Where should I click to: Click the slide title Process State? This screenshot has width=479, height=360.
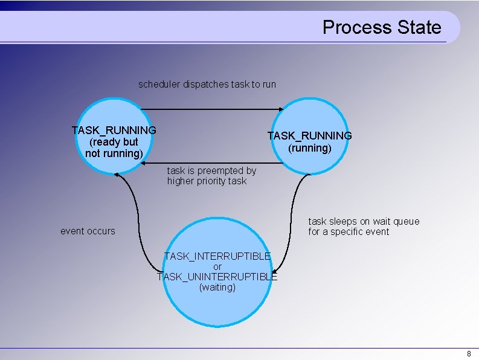(x=382, y=27)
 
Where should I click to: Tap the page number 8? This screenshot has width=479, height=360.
(x=469, y=353)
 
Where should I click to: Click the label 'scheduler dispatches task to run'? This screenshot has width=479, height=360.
(x=207, y=84)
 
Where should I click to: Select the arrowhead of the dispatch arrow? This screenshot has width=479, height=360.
(x=280, y=109)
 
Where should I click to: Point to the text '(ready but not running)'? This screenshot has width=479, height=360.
(x=114, y=148)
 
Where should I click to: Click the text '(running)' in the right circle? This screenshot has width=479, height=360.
(x=309, y=148)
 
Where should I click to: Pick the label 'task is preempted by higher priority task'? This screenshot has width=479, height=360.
(x=211, y=176)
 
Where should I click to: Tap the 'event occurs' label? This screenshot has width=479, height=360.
(x=88, y=231)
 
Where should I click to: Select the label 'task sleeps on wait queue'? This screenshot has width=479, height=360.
(x=364, y=221)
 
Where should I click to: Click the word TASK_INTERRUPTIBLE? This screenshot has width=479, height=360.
(x=217, y=256)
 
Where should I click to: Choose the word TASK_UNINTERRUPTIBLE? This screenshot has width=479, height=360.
(x=217, y=277)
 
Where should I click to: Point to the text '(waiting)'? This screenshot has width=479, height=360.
(x=217, y=288)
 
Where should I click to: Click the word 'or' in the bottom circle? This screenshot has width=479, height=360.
(x=217, y=266)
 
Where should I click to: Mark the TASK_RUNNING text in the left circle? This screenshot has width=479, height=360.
(x=114, y=130)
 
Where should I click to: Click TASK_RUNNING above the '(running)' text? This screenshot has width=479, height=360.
(x=309, y=136)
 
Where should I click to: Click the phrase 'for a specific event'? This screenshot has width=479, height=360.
(x=349, y=232)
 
